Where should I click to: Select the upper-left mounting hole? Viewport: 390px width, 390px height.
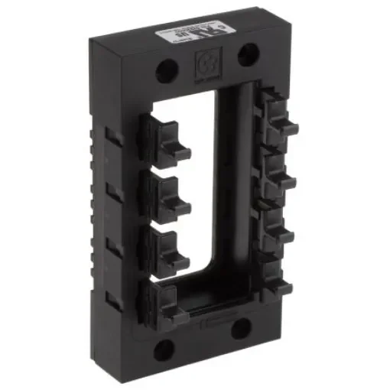tap(167, 71)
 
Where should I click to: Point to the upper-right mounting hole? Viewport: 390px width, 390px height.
tap(246, 54)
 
